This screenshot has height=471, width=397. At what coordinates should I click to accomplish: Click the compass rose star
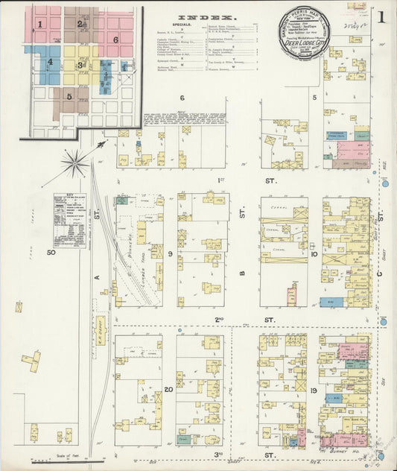(x=74, y=162)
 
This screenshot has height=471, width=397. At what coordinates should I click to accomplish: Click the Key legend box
(x=69, y=220)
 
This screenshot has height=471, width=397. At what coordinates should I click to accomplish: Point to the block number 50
(x=51, y=253)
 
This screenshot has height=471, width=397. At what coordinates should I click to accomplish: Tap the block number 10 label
(x=314, y=254)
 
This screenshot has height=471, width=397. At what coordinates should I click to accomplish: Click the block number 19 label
(x=314, y=391)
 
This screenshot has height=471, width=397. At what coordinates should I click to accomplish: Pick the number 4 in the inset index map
(x=50, y=62)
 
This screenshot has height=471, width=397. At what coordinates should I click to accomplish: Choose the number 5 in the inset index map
(x=69, y=95)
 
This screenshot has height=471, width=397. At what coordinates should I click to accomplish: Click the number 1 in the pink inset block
(x=39, y=24)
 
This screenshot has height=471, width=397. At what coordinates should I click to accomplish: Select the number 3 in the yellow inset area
(x=80, y=65)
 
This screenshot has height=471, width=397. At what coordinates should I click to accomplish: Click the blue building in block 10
(x=331, y=302)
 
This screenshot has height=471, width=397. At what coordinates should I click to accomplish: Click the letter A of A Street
(x=97, y=276)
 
